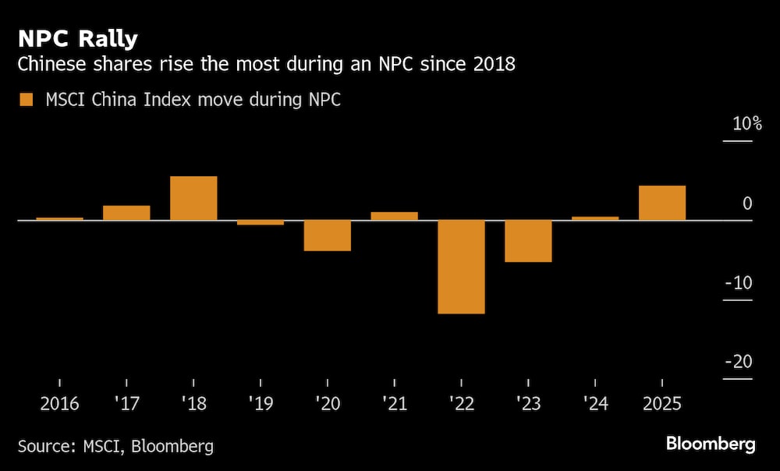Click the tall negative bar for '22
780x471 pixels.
[x=461, y=267]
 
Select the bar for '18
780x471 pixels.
[x=193, y=198]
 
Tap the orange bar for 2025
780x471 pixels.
[x=662, y=203]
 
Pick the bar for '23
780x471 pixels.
[x=528, y=241]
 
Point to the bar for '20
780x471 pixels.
[x=328, y=235]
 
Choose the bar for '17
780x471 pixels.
[x=126, y=213]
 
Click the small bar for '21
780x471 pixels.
[x=394, y=216]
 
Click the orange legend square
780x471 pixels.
[x=27, y=100]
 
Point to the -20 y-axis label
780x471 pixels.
[x=738, y=362]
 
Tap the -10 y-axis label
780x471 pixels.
[x=738, y=282]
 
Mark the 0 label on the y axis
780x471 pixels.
[x=747, y=204]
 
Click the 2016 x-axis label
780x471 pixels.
[x=59, y=405]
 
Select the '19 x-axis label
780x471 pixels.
[x=260, y=405]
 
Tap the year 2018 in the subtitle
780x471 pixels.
[x=494, y=64]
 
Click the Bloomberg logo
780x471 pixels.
[x=711, y=444]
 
